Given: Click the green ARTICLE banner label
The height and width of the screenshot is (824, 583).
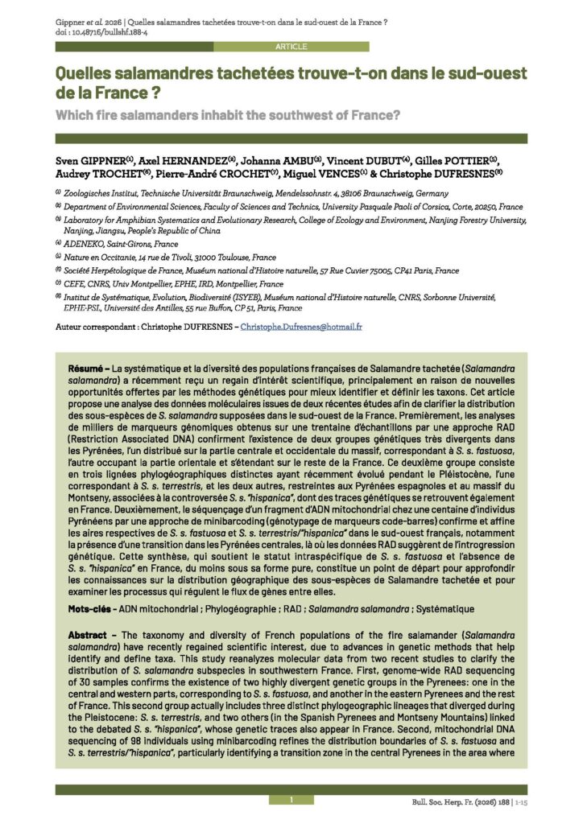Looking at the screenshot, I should pyautogui.click(x=291, y=47).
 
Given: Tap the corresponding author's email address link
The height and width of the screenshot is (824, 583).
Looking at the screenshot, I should pyautogui.click(x=301, y=327).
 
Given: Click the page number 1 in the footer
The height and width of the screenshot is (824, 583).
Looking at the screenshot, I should pyautogui.click(x=291, y=799).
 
